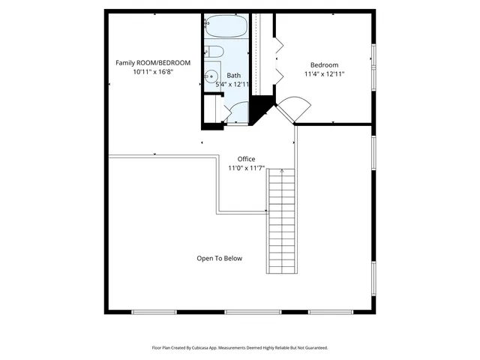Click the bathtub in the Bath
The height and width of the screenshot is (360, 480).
pos(226,26)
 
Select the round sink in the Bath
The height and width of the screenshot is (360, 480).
pos(212,76)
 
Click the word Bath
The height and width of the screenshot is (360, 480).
pos(234,75)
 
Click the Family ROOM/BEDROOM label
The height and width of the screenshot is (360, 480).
pos(153,62)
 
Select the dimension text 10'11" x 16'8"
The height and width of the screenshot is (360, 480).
pos(153,72)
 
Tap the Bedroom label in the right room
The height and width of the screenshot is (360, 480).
pos(325,64)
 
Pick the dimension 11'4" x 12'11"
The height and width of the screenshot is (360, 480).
pos(325,74)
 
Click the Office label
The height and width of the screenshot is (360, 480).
pos(246,159)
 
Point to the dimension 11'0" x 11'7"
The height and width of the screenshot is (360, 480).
pos(246,168)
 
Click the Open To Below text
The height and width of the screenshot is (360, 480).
pos(220,258)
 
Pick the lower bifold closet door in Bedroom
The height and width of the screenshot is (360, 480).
pos(277,74)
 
